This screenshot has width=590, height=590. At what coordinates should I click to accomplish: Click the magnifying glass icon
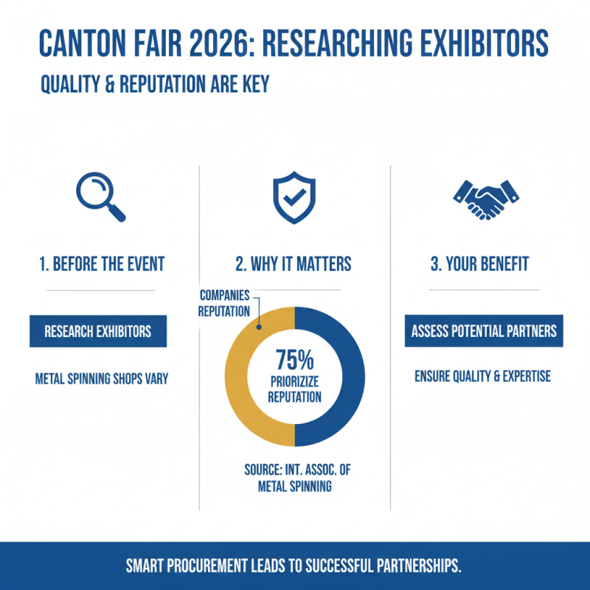click(100, 196)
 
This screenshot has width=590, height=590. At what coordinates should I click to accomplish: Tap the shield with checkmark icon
click(294, 198)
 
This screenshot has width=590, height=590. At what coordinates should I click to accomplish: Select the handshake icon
click(485, 198)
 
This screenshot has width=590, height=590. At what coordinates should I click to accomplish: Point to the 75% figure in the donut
click(294, 361)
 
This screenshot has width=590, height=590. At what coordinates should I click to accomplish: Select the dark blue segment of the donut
click(350, 376)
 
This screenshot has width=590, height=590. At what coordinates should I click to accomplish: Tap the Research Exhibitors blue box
click(98, 331)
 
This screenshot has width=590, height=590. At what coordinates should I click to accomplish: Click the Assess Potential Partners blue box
click(484, 331)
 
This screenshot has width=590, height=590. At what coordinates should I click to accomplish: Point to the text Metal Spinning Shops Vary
click(102, 379)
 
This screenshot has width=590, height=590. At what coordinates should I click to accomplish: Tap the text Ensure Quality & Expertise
click(482, 376)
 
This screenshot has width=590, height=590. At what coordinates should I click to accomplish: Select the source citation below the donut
click(294, 479)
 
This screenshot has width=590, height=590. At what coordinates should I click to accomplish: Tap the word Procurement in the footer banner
click(219, 566)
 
